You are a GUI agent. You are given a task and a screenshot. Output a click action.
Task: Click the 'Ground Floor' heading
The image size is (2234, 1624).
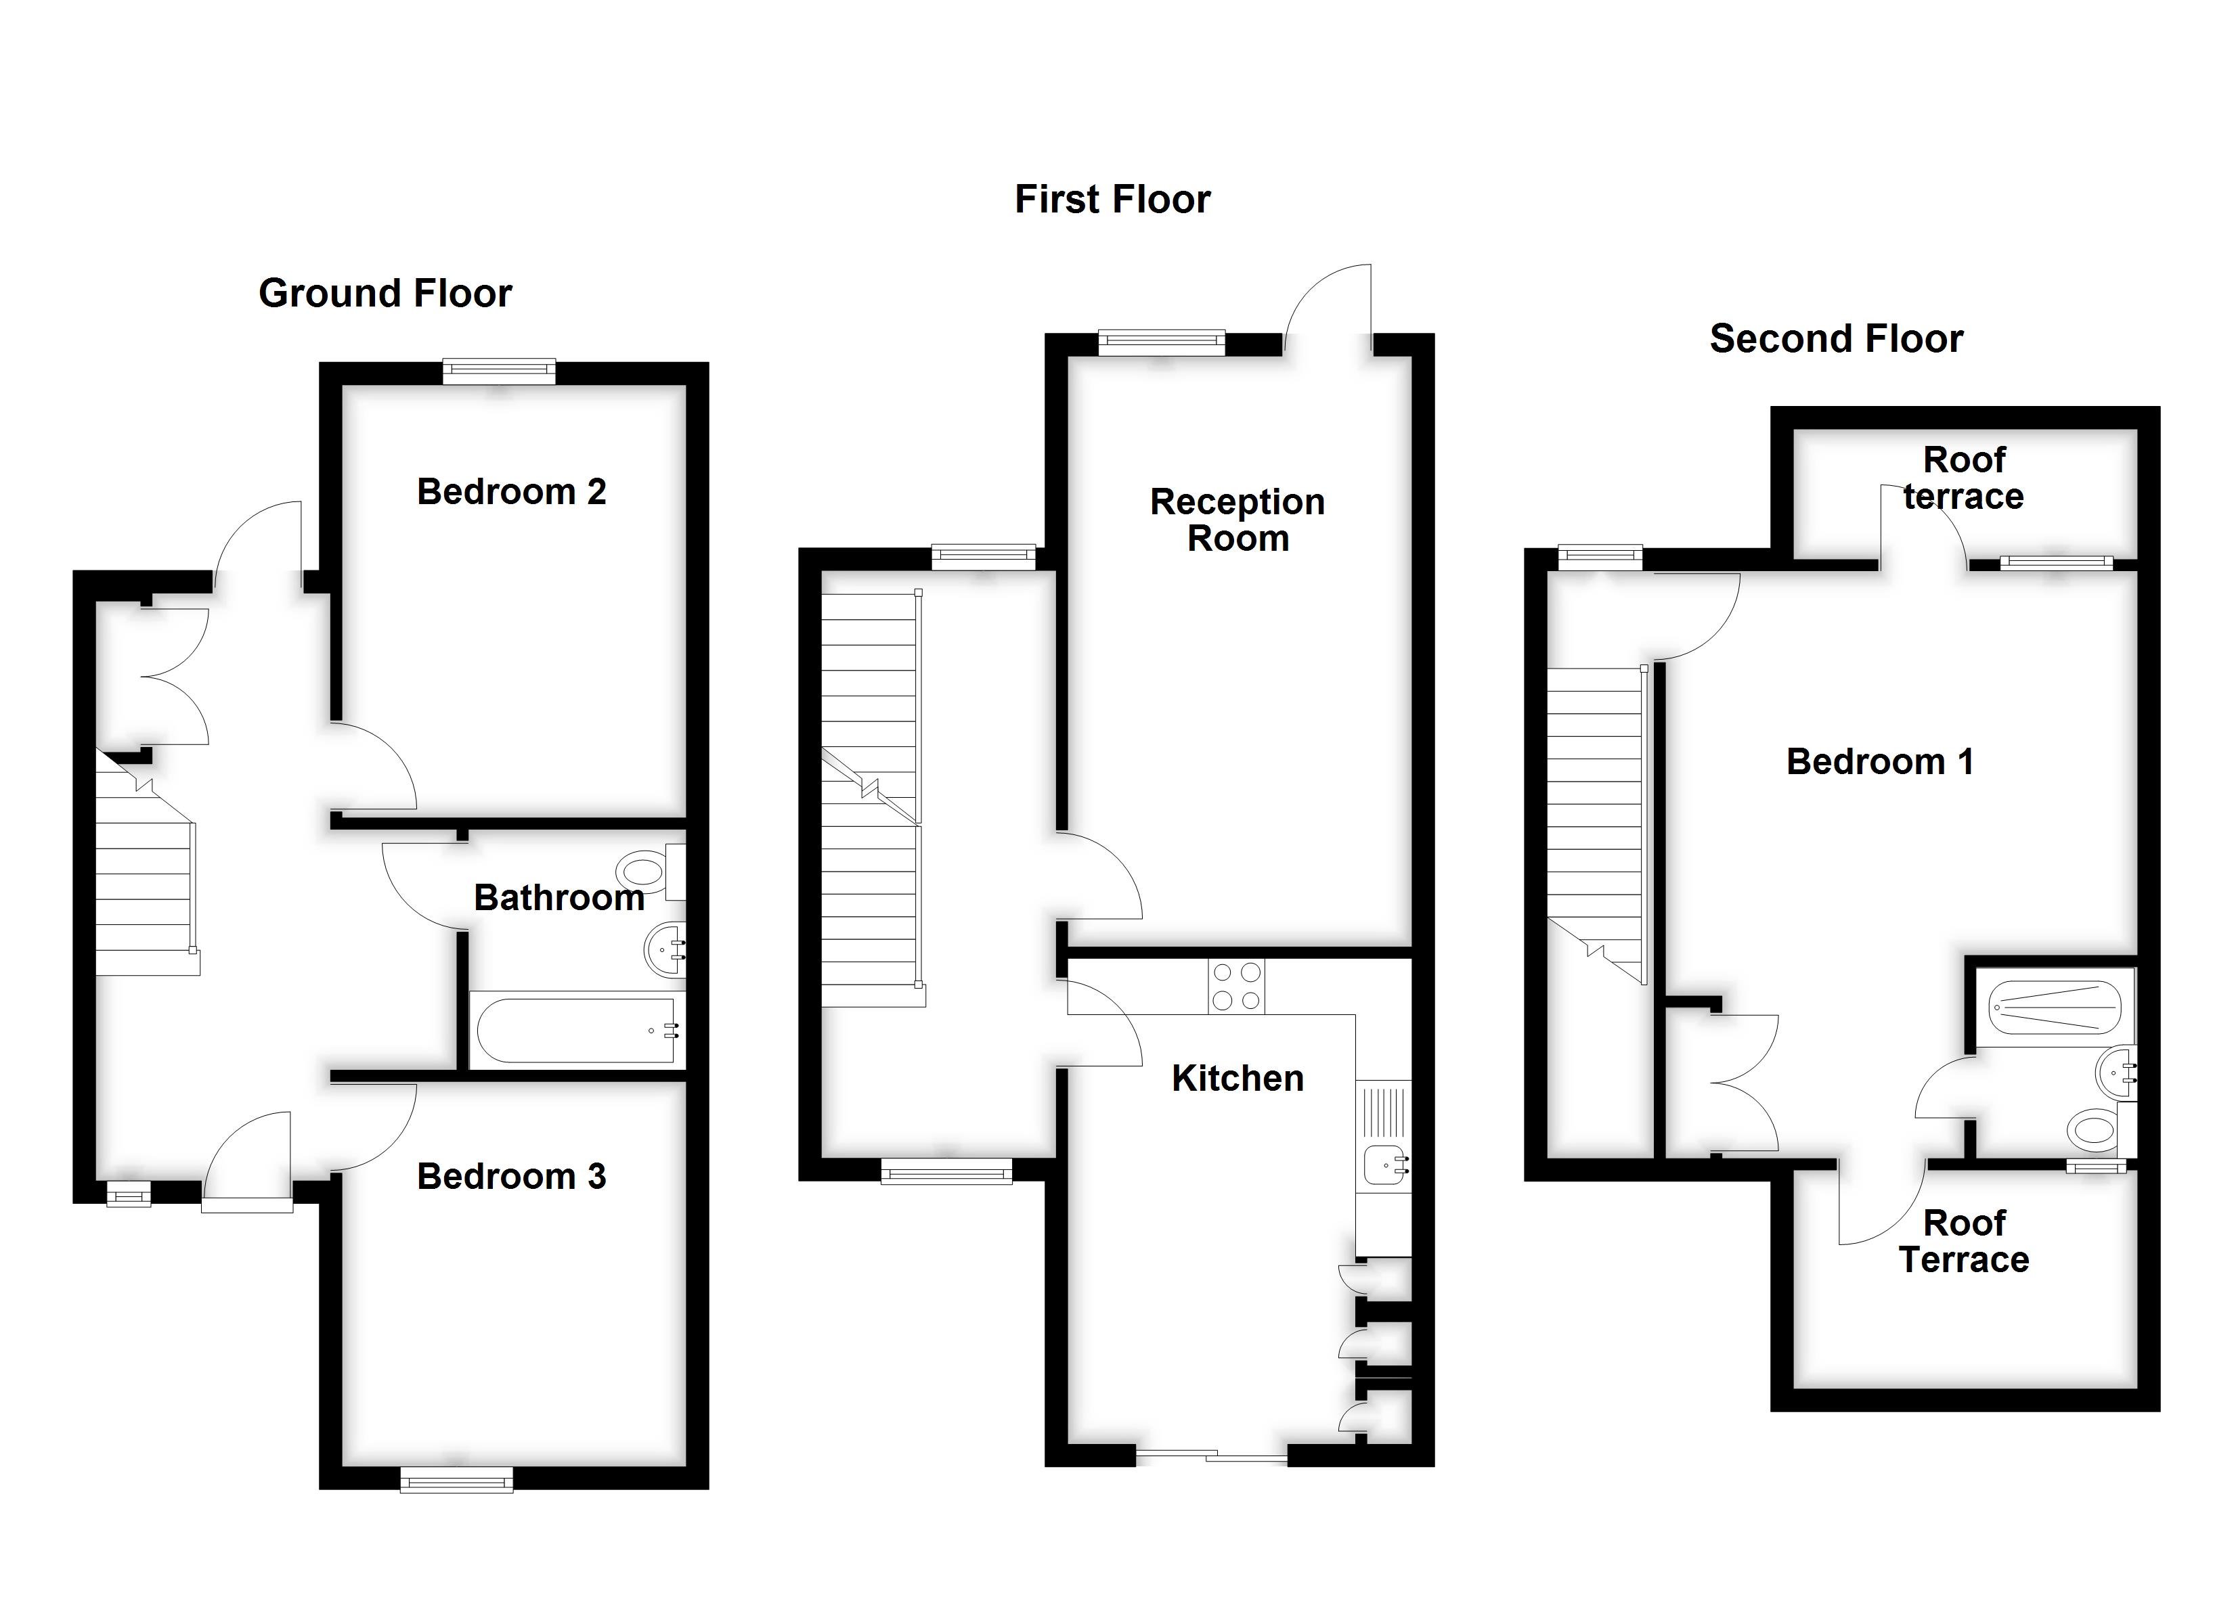pos(385,294)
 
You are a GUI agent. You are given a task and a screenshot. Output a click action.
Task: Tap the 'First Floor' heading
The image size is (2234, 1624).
pos(1112,199)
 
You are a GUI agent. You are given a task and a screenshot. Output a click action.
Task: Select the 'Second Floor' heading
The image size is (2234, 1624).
pos(1836,339)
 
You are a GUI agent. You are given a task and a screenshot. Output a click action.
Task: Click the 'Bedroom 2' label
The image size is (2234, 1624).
pos(511,491)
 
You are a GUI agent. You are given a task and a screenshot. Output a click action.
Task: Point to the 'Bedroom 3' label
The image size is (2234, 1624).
pos(511,1176)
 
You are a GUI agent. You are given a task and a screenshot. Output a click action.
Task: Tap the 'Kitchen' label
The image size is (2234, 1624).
pos(1238,1079)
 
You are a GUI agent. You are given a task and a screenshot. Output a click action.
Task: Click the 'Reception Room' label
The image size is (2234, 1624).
pos(1238,520)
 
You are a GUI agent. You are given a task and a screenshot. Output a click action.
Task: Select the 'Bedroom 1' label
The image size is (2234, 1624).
pos(1879,761)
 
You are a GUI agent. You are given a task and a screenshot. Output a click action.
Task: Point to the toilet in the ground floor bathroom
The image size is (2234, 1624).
pos(645,872)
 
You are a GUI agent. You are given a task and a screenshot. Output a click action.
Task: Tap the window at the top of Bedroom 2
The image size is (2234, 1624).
pos(498,372)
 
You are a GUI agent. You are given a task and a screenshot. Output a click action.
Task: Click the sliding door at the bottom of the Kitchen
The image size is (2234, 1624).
pos(1212,1455)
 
